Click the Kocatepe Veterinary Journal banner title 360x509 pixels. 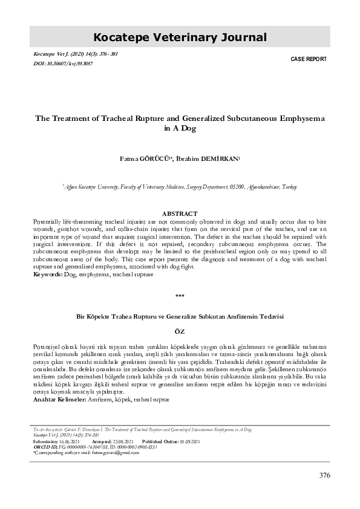click(x=180, y=37)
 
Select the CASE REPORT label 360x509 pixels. click(x=309, y=59)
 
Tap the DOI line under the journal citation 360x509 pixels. click(x=64, y=63)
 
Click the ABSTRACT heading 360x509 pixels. click(x=180, y=213)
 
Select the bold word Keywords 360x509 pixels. click(x=47, y=274)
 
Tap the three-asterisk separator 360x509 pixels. click(x=179, y=296)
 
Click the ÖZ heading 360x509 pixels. click(x=179, y=332)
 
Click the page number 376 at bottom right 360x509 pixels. click(x=324, y=475)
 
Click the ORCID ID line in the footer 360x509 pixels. click(x=96, y=447)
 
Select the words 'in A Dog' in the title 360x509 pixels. click(x=180, y=129)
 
